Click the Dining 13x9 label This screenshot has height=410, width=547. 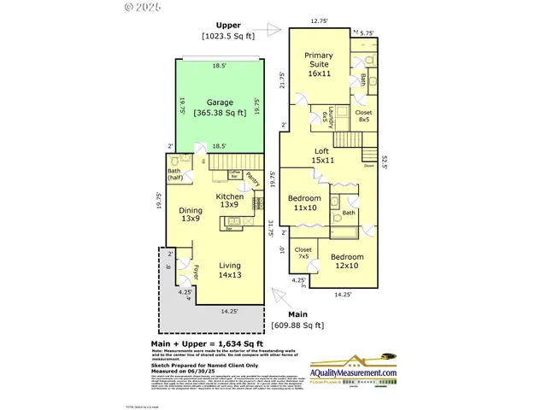coord(191,214)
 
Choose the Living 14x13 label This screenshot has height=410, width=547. coord(230,269)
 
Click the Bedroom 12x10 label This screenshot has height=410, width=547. coord(347,261)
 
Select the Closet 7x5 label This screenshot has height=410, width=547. coord(303,254)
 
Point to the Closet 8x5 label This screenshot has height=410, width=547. coord(364,115)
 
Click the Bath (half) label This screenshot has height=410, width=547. coord(174,173)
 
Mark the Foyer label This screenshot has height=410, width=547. coord(196,272)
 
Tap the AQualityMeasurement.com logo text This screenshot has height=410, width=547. coord(353,372)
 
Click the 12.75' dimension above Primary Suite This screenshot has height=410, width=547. coord(320,20)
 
